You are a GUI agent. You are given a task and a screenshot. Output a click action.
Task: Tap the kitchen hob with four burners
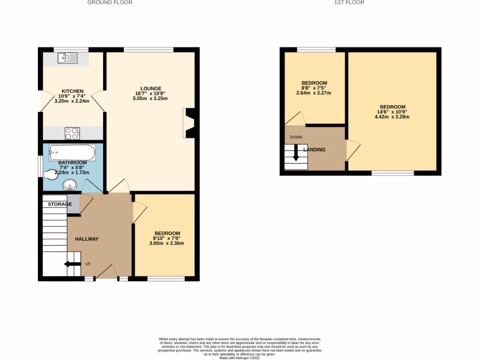coord(72,134)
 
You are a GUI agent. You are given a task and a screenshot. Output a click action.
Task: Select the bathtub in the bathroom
coord(73,152)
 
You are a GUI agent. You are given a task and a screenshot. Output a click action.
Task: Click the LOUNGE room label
coord(151,88)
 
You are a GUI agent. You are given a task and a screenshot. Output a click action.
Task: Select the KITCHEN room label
coord(73,91)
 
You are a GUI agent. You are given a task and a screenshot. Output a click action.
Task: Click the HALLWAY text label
coord(87,239)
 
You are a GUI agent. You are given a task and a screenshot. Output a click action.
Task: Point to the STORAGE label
coord(60,204)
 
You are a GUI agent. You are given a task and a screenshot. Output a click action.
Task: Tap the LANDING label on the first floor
coord(315,150)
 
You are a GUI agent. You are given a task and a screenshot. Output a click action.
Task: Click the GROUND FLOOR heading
coord(110,2)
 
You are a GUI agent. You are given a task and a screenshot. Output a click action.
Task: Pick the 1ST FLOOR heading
coord(349,2)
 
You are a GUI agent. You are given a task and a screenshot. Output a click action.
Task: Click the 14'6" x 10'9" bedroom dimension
coord(392,112)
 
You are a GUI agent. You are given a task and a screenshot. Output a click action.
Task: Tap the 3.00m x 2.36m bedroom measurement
coord(167,243)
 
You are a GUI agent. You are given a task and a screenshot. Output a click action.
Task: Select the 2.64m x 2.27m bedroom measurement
coord(314,93)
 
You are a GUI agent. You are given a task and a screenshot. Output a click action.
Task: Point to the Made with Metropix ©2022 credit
coord(240,358)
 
